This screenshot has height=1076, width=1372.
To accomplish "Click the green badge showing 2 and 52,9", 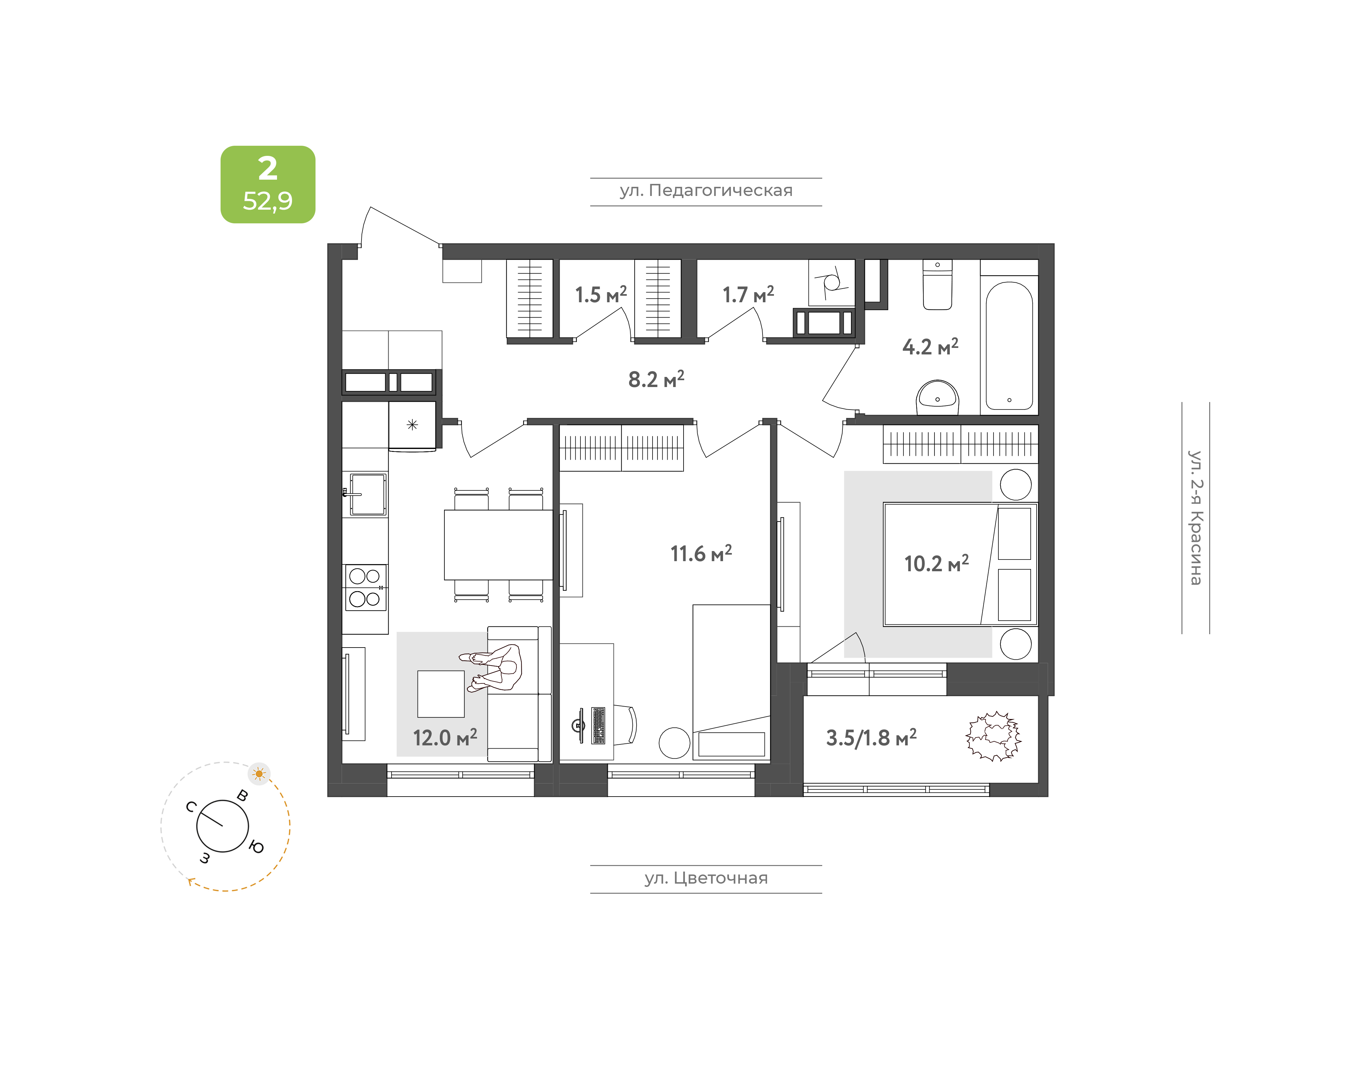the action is (x=268, y=185).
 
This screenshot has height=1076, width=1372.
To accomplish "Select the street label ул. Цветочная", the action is (x=706, y=878).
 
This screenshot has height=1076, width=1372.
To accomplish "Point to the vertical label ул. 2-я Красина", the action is (x=1195, y=518).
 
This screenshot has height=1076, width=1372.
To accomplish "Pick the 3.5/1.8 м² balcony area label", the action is (x=871, y=737).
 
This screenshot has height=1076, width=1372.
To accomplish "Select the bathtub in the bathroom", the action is (x=1009, y=345).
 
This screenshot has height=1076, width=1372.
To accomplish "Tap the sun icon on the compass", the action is (x=259, y=774).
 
